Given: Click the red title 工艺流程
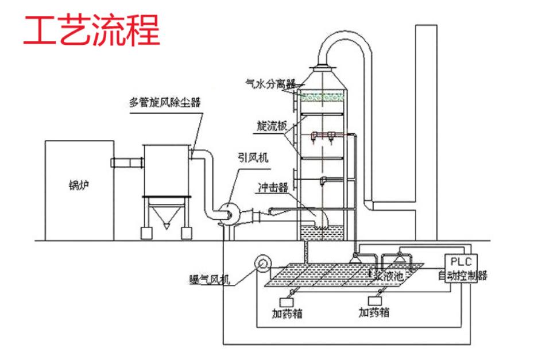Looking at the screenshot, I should tap(91, 30).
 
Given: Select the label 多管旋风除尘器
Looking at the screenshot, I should tap(165, 103).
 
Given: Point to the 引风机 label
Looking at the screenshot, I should tap(253, 157).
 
